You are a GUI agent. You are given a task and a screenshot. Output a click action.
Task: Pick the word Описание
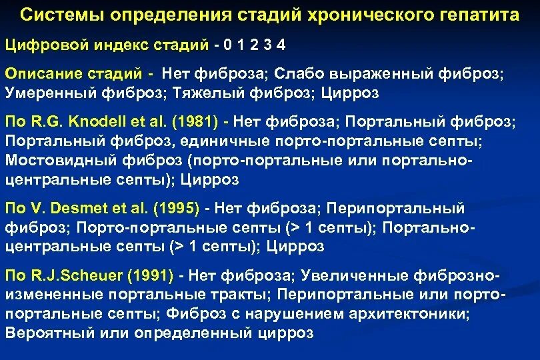(39, 74)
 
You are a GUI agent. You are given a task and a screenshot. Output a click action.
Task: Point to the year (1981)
(197, 123)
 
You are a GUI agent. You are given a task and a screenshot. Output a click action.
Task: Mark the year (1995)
(176, 209)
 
